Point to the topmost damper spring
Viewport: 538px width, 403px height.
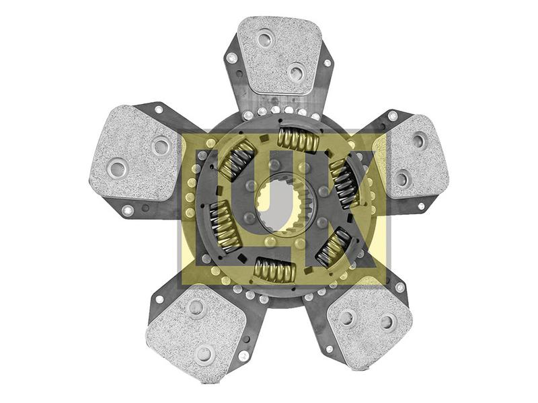coord(298,139)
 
